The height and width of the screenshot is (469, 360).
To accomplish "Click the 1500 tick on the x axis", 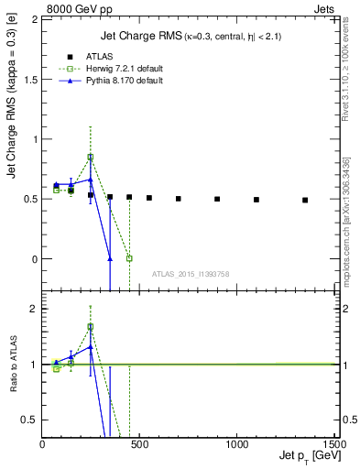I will (x=334, y=443).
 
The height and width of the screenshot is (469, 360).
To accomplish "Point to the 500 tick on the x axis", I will (x=139, y=443).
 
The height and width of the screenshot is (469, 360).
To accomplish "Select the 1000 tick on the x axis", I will (x=236, y=443).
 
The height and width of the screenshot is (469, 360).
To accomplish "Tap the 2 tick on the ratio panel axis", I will (x=33, y=309).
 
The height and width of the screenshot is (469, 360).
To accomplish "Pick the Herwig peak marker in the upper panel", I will (x=90, y=157).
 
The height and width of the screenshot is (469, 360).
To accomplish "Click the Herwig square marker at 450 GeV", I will (x=129, y=258).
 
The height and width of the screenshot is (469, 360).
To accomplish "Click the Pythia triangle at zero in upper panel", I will (x=110, y=258).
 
